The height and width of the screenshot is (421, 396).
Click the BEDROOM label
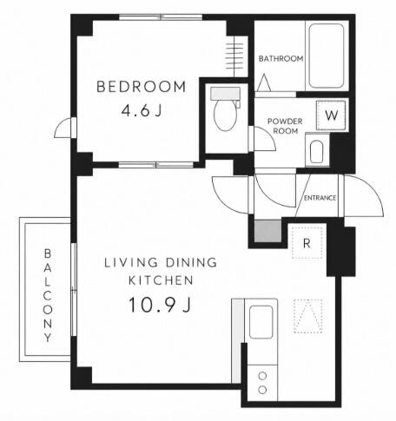tap(142, 87)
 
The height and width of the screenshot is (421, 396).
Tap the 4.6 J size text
tap(142, 110)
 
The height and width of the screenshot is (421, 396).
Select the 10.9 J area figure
tap(160, 305)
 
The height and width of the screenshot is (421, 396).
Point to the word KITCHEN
tap(161, 280)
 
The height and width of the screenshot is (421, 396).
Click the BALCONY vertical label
tap(48, 295)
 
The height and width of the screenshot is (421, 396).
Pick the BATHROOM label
tap(280, 59)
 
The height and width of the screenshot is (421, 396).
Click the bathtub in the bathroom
tap(327, 56)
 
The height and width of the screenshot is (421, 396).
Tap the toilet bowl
tap(224, 115)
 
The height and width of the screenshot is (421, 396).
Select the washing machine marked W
tap(331, 115)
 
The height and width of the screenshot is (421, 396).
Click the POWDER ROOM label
tap(285, 126)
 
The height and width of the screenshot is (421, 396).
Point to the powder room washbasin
tap(316, 152)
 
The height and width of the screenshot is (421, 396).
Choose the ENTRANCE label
tap(320, 198)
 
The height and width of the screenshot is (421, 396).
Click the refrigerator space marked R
tap(307, 243)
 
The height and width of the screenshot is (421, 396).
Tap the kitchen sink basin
tap(261, 322)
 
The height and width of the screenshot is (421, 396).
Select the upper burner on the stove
tap(262, 376)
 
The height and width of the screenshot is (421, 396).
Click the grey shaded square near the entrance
tap(267, 231)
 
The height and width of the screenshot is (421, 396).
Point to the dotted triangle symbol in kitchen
tap(308, 316)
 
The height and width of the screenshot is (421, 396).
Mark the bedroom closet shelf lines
tap(234, 56)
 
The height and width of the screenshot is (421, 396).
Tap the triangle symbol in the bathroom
tap(264, 82)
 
